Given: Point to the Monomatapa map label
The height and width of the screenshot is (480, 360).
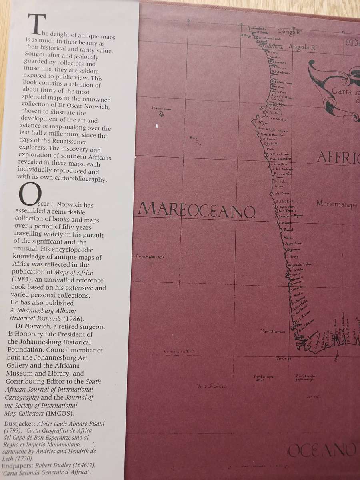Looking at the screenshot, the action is pyautogui.click(x=336, y=204).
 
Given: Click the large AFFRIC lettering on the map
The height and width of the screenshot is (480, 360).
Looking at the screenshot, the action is pyautogui.click(x=338, y=158).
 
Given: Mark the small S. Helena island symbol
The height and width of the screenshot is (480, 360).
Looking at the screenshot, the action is pyautogui.click(x=161, y=114).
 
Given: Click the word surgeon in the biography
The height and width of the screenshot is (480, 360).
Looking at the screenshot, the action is pyautogui.click(x=92, y=327).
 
